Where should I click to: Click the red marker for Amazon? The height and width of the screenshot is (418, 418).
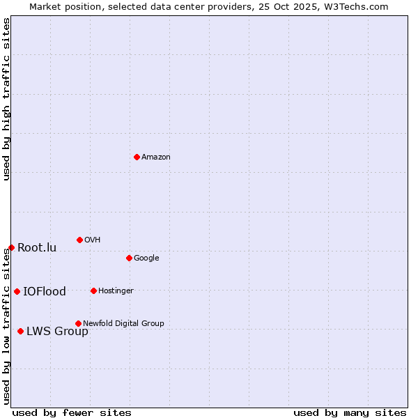pyautogui.click(x=137, y=157)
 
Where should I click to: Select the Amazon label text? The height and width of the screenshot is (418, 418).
pyautogui.click(x=156, y=157)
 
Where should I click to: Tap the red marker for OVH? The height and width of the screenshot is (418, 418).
pyautogui.click(x=79, y=240)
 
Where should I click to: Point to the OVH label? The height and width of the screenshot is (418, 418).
pyautogui.click(x=93, y=240)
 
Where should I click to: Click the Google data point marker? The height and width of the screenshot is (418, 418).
pyautogui.click(x=129, y=258)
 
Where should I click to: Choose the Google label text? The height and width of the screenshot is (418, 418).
pyautogui.click(x=146, y=258)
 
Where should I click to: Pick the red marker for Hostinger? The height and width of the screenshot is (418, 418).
pyautogui.click(x=93, y=291)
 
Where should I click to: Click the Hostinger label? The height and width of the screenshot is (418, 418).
pyautogui.click(x=116, y=291)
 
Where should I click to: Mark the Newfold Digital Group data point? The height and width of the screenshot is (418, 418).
pyautogui.click(x=78, y=323)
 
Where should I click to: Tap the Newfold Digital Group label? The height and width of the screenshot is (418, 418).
pyautogui.click(x=123, y=323)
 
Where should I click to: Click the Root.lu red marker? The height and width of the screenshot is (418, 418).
pyautogui.click(x=11, y=247)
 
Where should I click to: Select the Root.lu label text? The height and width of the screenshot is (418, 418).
pyautogui.click(x=37, y=248)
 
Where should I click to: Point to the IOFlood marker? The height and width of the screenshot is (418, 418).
pyautogui.click(x=17, y=291)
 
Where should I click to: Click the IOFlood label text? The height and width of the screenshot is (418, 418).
pyautogui.click(x=45, y=292)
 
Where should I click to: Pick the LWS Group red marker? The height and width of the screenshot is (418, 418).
pyautogui.click(x=20, y=331)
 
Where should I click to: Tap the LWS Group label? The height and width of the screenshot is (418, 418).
pyautogui.click(x=57, y=332)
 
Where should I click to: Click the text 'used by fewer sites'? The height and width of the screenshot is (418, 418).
pyautogui.click(x=72, y=413)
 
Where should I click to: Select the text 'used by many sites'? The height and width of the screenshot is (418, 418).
pyautogui.click(x=350, y=413)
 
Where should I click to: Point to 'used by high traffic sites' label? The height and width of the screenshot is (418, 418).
pyautogui.click(x=6, y=99)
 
